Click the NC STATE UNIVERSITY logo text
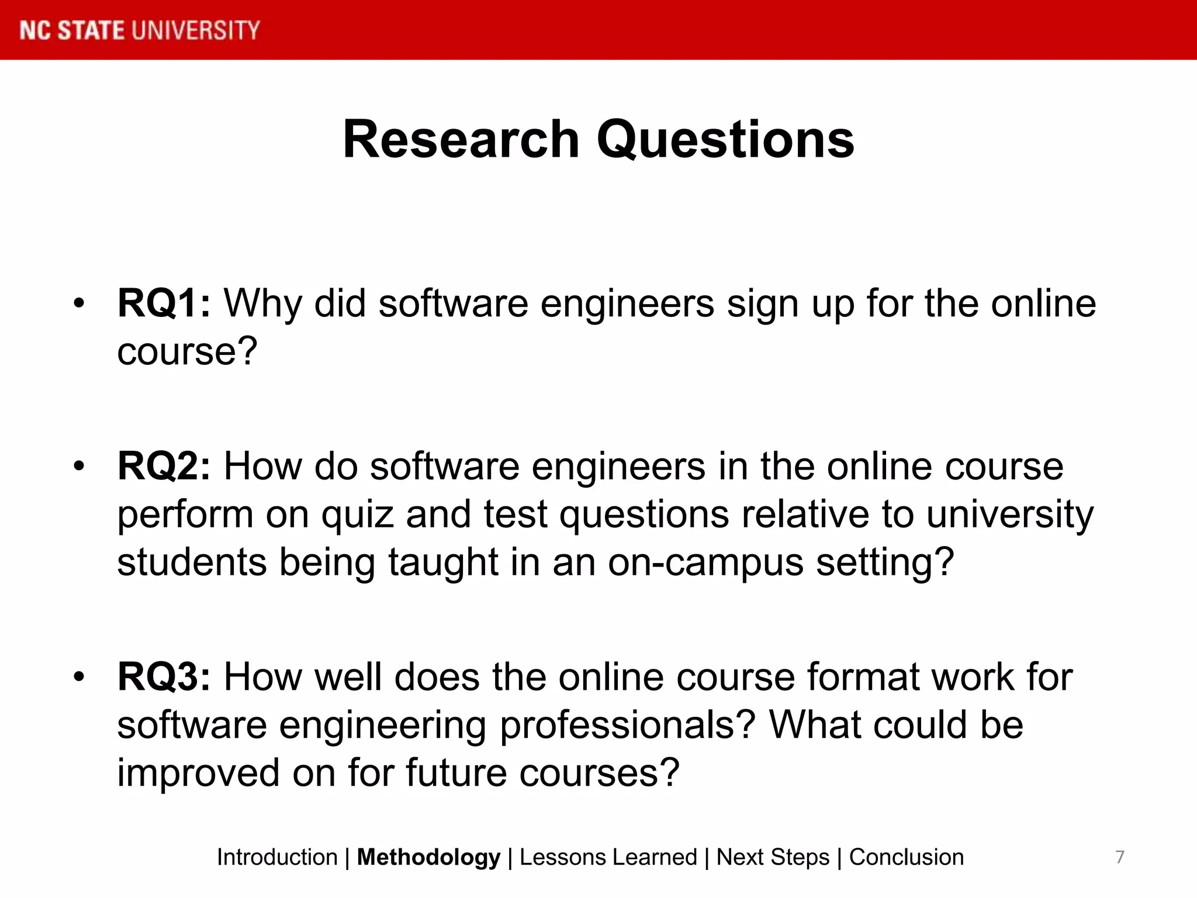[140, 30]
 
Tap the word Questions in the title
[725, 140]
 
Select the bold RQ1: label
[164, 303]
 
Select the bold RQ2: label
[164, 467]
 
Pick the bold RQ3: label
[164, 677]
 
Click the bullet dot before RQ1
[79, 303]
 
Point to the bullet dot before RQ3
[79, 676]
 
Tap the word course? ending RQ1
[187, 351]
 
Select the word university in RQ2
[1009, 515]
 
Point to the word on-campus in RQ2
[705, 562]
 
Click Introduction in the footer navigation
[277, 857]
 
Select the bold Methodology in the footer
[428, 857]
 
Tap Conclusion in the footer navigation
[906, 857]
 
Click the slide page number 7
[1119, 857]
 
